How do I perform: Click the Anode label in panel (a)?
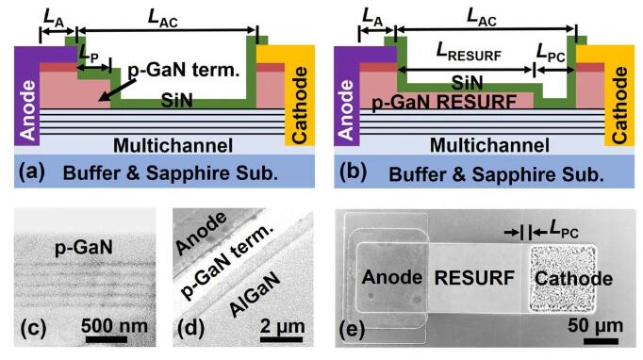pyautogui.click(x=27, y=110)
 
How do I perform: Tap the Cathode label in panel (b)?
pyautogui.click(x=619, y=106)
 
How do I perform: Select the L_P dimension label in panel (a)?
pyautogui.click(x=89, y=54)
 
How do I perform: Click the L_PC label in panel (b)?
pyautogui.click(x=551, y=53)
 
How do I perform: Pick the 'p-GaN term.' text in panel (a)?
pyautogui.click(x=184, y=70)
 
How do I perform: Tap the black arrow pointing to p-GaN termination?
pyautogui.click(x=118, y=90)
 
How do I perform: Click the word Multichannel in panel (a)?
pyautogui.click(x=173, y=145)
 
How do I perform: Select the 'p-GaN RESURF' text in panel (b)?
pyautogui.click(x=444, y=102)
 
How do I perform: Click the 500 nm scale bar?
pyautogui.click(x=107, y=339)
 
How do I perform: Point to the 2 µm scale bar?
pyautogui.click(x=281, y=339)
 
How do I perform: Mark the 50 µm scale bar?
pyautogui.click(x=601, y=341)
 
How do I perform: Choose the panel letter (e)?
pyautogui.click(x=352, y=329)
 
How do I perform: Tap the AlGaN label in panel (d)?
pyautogui.click(x=256, y=294)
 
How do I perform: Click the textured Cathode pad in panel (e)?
pyautogui.click(x=561, y=279)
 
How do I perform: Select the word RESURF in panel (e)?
pyautogui.click(x=474, y=278)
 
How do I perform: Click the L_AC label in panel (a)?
pyautogui.click(x=163, y=18)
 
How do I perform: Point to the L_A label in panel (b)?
pyautogui.click(x=372, y=18)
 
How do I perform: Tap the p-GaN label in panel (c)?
pyautogui.click(x=84, y=248)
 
